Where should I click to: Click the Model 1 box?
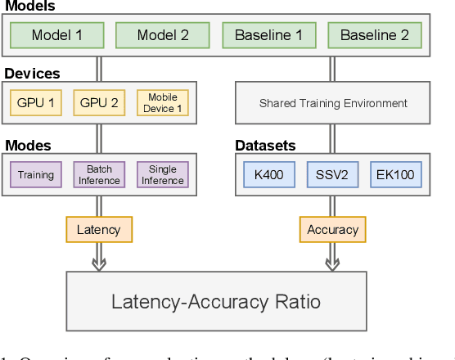tap(57, 35)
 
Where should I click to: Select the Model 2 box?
tap(163, 35)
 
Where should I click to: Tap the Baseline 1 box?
tap(268, 35)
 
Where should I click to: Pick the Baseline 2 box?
tap(374, 35)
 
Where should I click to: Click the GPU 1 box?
tap(35, 103)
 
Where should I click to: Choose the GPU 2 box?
tap(99, 103)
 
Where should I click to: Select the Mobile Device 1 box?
tap(162, 103)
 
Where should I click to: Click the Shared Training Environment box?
tap(333, 103)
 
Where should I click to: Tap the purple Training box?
tap(36, 174)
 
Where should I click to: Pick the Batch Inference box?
tap(99, 174)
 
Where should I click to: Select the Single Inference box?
tap(162, 174)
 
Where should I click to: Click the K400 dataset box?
tap(269, 174)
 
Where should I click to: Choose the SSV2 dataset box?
tap(333, 174)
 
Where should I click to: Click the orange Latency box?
tap(98, 230)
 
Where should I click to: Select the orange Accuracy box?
tap(332, 230)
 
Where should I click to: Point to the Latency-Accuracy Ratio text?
tap(216, 301)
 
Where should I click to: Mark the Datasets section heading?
tap(265, 146)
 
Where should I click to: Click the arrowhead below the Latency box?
tap(98, 264)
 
